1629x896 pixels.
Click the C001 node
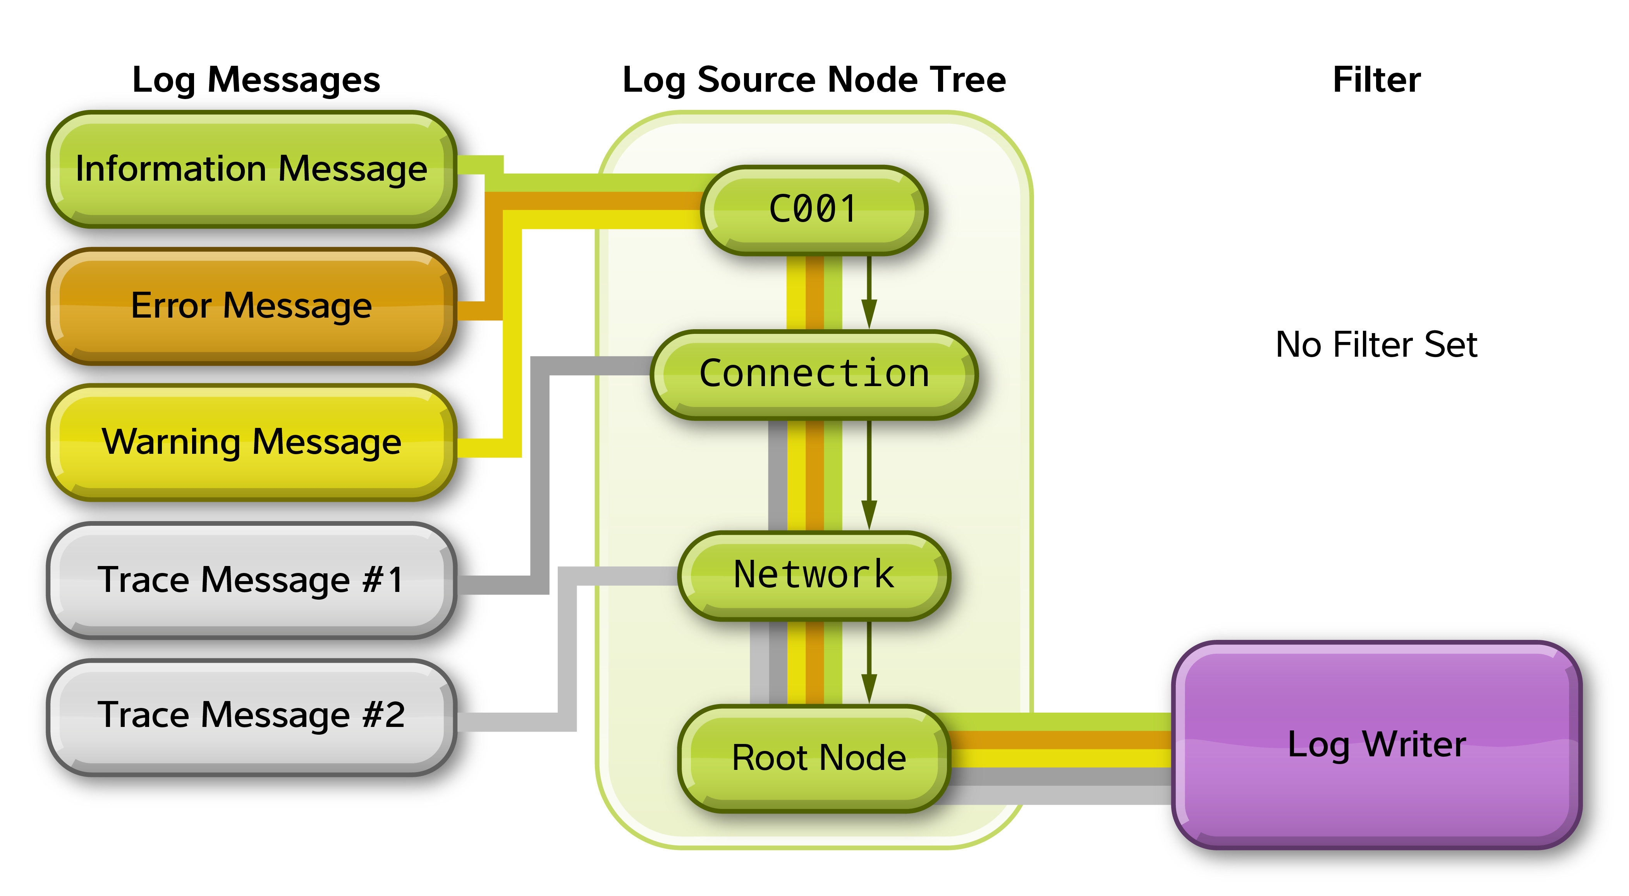click(814, 210)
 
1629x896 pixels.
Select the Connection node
click(814, 374)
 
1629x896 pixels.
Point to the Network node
click(814, 575)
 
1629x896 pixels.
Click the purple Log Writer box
click(1377, 744)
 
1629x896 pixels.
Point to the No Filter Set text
click(1377, 345)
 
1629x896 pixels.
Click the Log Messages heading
click(256, 80)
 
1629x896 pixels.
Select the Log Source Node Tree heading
click(814, 80)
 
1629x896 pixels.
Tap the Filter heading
click(1377, 80)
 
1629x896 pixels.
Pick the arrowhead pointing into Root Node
click(869, 688)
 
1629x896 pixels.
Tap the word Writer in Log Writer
click(1414, 744)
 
